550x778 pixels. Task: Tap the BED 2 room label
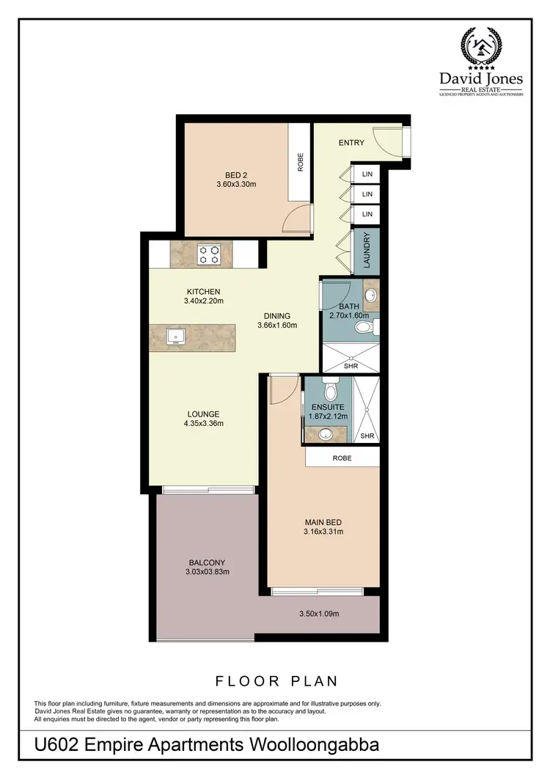coord(236,175)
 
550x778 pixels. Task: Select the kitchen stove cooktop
coord(210,254)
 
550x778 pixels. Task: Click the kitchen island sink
coord(176,337)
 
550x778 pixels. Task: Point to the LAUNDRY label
coord(367,250)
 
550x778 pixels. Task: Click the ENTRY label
coord(351,143)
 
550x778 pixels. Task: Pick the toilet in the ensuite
coord(329,386)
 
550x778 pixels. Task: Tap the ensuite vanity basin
coord(323,434)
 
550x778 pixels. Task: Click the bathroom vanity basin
coord(371,296)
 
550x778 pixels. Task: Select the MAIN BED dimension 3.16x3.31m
coord(324,532)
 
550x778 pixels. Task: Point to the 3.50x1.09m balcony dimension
coord(318,613)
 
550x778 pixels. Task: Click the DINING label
coord(278,317)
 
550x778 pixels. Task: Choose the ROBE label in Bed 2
coord(300,162)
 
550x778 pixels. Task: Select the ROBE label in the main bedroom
coord(342,458)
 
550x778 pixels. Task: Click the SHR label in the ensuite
coord(367,436)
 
